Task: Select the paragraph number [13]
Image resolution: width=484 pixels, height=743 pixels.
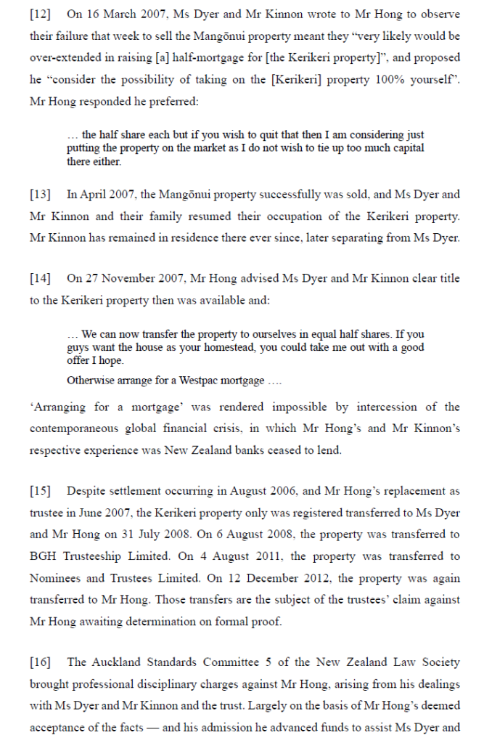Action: click(40, 195)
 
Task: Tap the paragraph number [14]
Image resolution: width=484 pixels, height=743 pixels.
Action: click(40, 278)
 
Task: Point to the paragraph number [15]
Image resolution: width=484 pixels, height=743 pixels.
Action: click(40, 492)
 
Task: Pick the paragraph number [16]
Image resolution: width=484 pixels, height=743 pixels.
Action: click(40, 663)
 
